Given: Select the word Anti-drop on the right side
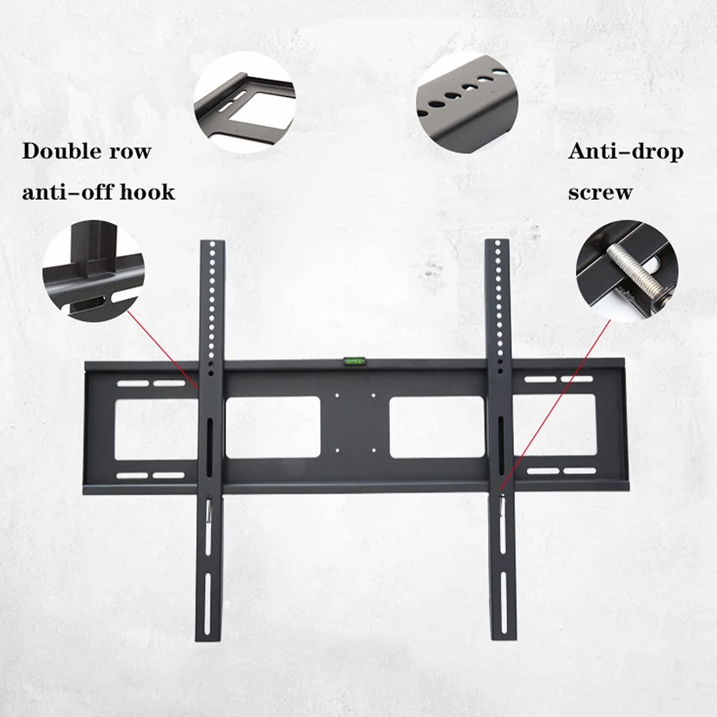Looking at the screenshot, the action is click(x=626, y=152).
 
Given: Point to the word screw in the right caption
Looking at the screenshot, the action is click(x=600, y=193).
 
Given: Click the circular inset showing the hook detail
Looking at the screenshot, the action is click(x=93, y=271).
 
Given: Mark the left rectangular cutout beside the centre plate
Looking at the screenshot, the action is click(x=273, y=428).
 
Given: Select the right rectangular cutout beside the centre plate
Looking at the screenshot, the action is click(x=437, y=427).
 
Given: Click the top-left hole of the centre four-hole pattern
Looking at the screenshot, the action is click(x=337, y=396).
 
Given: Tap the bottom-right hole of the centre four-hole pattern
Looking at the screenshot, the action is click(x=374, y=450).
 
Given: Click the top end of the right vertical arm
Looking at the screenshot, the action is click(x=497, y=240).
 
